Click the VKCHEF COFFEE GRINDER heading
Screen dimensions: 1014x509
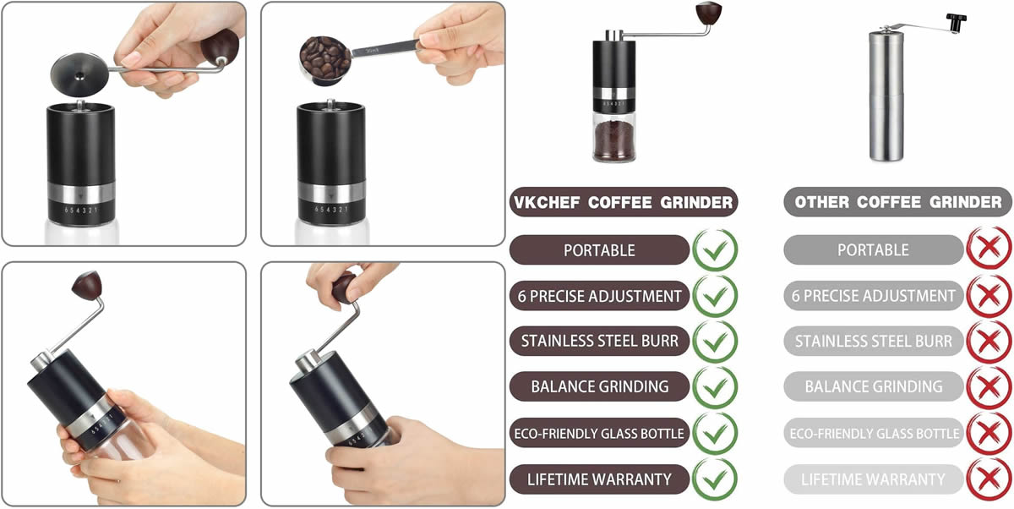pyautogui.click(x=624, y=202)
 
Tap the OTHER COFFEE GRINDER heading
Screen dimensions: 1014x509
pyautogui.click(x=898, y=202)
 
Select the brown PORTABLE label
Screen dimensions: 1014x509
pyautogui.click(x=599, y=250)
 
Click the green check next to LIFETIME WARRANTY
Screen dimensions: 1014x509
pyautogui.click(x=715, y=479)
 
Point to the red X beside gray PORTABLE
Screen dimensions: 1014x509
pyautogui.click(x=989, y=249)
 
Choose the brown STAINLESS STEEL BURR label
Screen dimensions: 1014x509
pyautogui.click(x=599, y=341)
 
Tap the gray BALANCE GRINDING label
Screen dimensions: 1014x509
pyautogui.click(x=873, y=386)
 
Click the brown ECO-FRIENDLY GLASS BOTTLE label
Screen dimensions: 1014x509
pyautogui.click(x=599, y=433)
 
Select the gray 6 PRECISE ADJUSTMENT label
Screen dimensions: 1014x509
pyautogui.click(x=873, y=296)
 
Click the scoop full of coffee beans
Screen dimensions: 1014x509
pyautogui.click(x=324, y=60)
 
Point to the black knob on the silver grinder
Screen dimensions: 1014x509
pyautogui.click(x=956, y=23)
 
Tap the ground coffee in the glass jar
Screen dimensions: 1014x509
pyautogui.click(x=614, y=140)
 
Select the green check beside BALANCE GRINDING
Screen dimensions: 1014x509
pyautogui.click(x=715, y=387)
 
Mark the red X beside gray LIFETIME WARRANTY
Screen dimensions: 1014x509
pyautogui.click(x=989, y=479)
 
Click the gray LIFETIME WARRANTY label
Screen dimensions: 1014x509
pyautogui.click(x=873, y=479)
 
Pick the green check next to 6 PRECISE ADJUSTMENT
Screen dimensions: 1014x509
pyautogui.click(x=715, y=296)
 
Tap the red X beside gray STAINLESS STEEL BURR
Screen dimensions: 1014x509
pyautogui.click(x=989, y=342)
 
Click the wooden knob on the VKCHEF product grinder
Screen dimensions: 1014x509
pyautogui.click(x=708, y=13)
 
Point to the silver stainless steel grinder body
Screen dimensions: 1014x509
pyautogui.click(x=886, y=96)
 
